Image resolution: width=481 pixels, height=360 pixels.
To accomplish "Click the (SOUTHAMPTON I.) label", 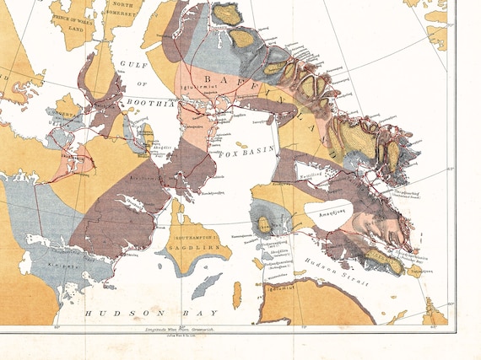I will (x=199, y=239).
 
